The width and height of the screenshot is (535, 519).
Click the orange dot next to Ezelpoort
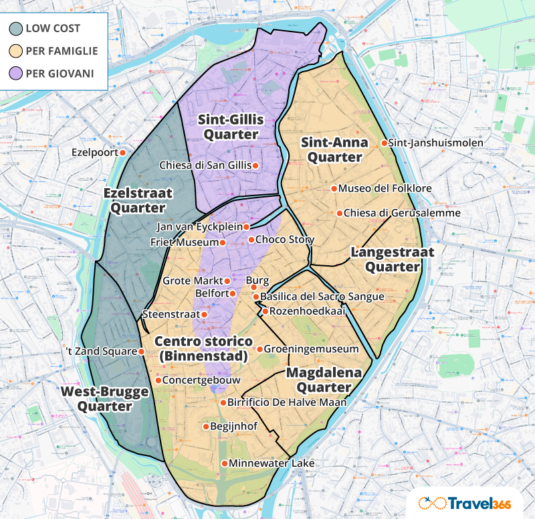[x=123, y=153]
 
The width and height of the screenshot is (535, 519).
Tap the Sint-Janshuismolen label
[x=426, y=143]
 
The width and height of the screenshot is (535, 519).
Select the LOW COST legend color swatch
[x=15, y=28]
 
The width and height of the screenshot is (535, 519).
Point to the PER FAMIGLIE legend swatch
[x=15, y=50]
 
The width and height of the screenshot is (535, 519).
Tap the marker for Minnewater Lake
[x=224, y=463]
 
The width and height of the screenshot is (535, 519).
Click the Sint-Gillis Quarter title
[x=231, y=127]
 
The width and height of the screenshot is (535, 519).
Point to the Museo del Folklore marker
[x=334, y=189]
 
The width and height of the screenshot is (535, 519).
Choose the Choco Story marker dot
[x=251, y=240]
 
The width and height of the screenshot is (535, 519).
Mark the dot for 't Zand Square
[x=141, y=351]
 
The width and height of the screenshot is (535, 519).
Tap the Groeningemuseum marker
[x=259, y=350]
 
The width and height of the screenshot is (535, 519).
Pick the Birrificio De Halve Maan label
[x=287, y=402]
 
